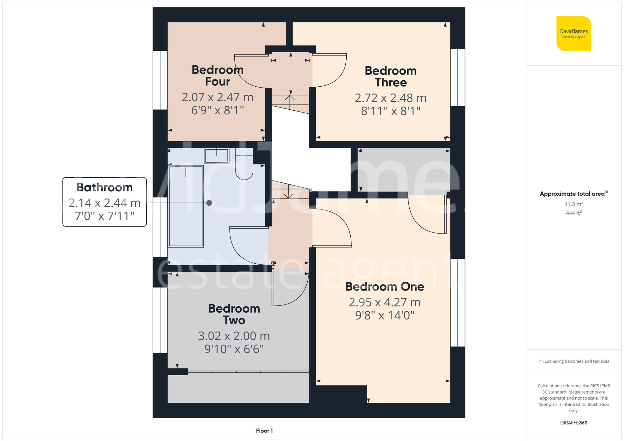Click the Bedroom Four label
(x=217, y=76)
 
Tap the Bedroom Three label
(x=391, y=77)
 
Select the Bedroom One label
(x=384, y=287)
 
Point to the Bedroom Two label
(x=234, y=314)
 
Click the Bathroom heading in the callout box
(x=105, y=188)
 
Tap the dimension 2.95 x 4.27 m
(x=384, y=302)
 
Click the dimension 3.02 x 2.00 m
(x=234, y=336)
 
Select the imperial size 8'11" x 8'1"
(x=391, y=111)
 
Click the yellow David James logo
(x=573, y=34)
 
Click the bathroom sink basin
(x=217, y=156)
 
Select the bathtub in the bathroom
(x=186, y=206)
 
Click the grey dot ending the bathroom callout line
(x=209, y=203)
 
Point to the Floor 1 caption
(x=264, y=431)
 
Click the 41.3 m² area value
(x=573, y=204)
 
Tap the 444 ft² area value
(x=573, y=213)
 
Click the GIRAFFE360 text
(x=573, y=423)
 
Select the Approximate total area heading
(x=573, y=194)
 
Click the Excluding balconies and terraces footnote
(x=573, y=361)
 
